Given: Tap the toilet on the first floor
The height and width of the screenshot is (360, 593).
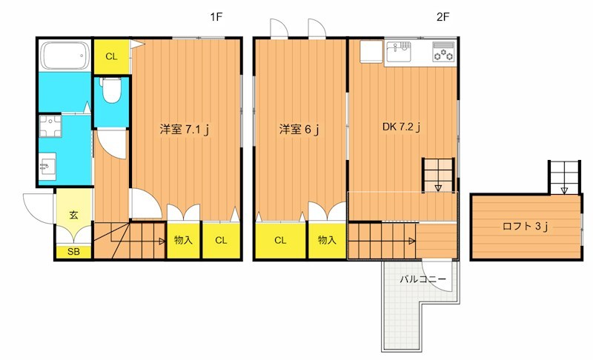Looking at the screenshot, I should pos(111,91).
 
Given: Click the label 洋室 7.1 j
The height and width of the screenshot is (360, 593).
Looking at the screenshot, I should pos(185,129).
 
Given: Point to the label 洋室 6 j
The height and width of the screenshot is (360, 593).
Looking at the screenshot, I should pos(299,129).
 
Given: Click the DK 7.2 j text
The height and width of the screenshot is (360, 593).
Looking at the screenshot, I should pos(402,127).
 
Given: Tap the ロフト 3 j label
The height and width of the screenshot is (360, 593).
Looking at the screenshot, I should pos(525,227).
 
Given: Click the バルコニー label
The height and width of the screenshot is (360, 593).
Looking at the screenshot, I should pos(423,279).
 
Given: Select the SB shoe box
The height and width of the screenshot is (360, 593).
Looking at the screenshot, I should pos(73,252).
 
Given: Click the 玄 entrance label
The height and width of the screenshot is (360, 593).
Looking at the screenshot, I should pos(74,216).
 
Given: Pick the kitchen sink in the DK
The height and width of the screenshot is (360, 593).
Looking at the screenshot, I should pos(400,53).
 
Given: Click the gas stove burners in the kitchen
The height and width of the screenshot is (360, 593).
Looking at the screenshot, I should pos(443,53).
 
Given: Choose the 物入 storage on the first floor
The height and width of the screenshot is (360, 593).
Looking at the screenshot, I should pos(183,240).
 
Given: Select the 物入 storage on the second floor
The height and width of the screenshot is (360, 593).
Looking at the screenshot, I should pos(327,240).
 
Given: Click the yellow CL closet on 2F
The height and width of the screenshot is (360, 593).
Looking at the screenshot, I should pos(280,240).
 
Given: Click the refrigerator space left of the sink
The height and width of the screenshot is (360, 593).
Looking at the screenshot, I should pos(371,53).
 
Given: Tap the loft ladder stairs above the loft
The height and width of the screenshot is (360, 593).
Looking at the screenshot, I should pos(563,176).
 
